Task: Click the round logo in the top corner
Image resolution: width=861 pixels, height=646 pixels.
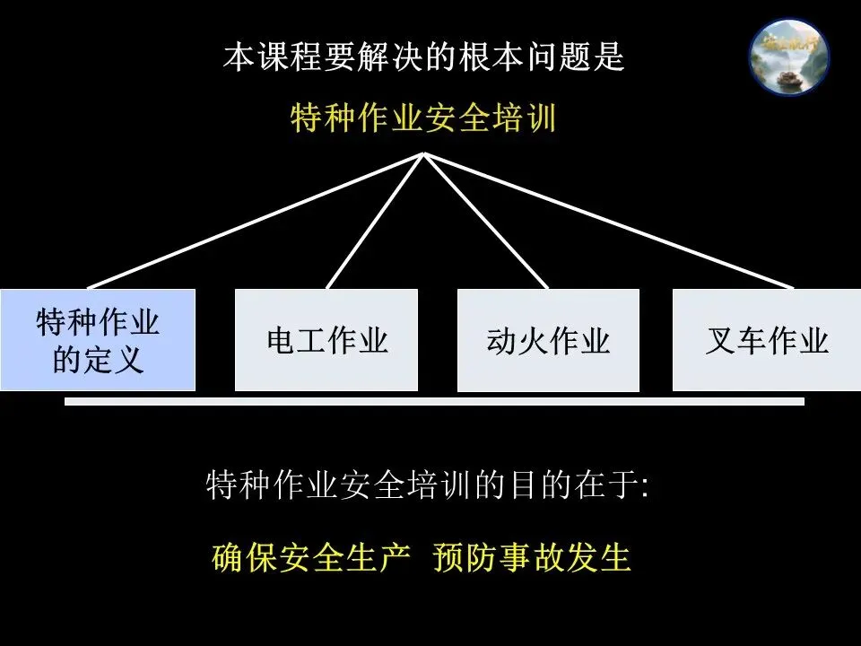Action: (x=789, y=57)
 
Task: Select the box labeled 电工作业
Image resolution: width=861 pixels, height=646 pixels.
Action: (x=326, y=340)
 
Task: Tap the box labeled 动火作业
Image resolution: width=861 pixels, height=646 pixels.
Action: (x=548, y=340)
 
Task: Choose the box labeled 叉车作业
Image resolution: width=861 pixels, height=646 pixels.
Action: (x=766, y=340)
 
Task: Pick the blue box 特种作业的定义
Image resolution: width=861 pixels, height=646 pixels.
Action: (x=98, y=340)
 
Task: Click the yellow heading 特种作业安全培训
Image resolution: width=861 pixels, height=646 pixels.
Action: (x=423, y=118)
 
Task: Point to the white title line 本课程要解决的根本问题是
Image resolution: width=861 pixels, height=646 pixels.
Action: (x=423, y=59)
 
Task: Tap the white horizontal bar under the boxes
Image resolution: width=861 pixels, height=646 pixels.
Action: (x=434, y=402)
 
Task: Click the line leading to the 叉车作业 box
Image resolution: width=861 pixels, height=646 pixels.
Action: (x=610, y=221)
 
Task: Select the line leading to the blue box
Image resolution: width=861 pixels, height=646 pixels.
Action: (x=256, y=221)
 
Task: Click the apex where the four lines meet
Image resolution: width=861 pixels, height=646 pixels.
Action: (x=424, y=154)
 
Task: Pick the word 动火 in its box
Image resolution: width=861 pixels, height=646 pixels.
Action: (x=517, y=341)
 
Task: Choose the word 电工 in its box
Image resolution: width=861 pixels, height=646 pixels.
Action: (x=296, y=341)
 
